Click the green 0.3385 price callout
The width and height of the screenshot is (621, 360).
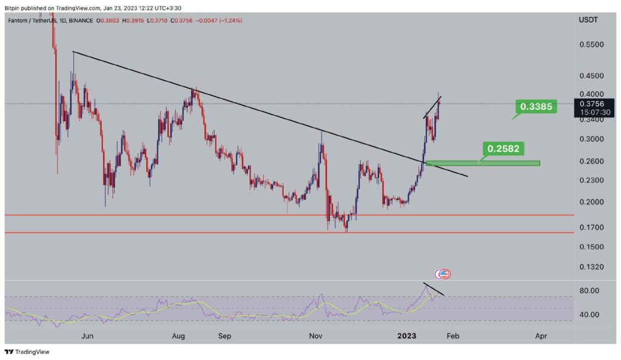coord(536,107)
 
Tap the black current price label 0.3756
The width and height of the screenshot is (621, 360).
coord(594,103)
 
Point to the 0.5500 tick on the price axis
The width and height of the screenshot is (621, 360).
coord(591,45)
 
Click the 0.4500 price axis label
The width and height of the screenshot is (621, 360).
coord(591,76)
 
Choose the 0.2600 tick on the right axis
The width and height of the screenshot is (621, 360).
coord(591,161)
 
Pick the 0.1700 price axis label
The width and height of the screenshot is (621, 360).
coord(591,227)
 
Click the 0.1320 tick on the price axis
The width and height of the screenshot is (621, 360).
coord(591,267)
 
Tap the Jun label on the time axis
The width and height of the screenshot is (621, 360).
coord(87,335)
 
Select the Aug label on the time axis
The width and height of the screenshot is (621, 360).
coord(178,335)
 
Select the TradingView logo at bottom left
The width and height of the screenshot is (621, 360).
coord(27,352)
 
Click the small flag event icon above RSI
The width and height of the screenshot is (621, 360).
coord(443,274)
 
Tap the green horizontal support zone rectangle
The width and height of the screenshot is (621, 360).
coord(482,163)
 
